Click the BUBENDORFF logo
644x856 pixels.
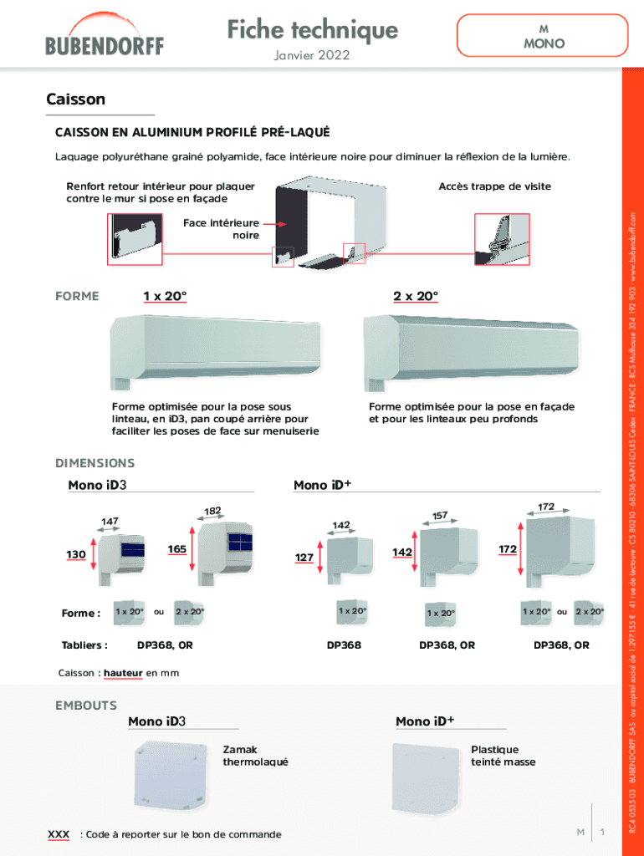[105, 38]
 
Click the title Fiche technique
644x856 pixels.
[312, 30]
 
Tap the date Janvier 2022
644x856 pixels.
[311, 56]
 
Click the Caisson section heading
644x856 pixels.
[76, 99]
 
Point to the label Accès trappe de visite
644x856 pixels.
[494, 186]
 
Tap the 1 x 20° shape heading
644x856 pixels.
[165, 296]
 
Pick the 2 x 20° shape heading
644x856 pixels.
[416, 296]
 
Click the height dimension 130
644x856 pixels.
[76, 554]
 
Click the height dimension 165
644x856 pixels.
[176, 549]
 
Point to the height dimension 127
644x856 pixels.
[304, 557]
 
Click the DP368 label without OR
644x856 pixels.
[344, 645]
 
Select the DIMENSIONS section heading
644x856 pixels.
[95, 462]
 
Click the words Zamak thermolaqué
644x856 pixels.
[255, 756]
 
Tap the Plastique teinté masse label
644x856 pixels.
[503, 756]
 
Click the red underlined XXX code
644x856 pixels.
[59, 834]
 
